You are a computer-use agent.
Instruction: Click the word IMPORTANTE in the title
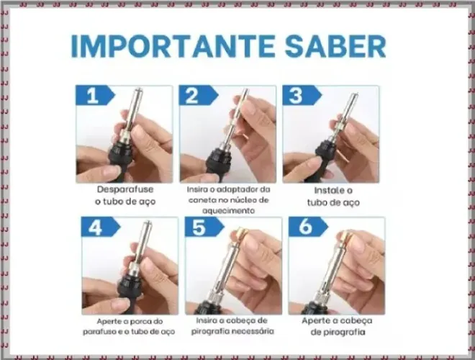click(173, 46)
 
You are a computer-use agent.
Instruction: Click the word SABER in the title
click(335, 46)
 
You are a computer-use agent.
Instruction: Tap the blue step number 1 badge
click(95, 96)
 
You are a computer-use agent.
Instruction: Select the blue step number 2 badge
click(199, 96)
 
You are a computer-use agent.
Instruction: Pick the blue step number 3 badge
click(302, 96)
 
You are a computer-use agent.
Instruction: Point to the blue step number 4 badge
click(101, 227)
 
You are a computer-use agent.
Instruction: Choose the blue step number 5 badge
click(204, 227)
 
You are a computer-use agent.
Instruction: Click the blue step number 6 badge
click(308, 227)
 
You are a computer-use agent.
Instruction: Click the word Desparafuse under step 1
click(125, 189)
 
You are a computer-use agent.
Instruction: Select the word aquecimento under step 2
click(228, 211)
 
